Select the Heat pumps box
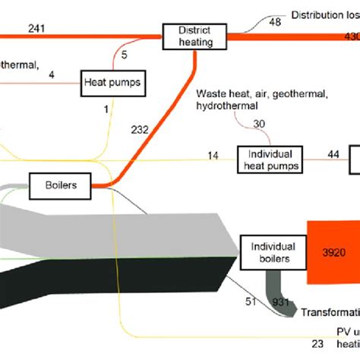click(112, 82)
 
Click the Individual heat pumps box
click(269, 159)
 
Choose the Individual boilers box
click(268, 252)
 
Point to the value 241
click(36, 29)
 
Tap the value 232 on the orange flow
click(139, 131)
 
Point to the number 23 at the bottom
click(317, 343)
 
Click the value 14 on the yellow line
click(213, 155)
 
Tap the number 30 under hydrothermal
click(260, 125)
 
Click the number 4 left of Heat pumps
click(51, 74)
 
